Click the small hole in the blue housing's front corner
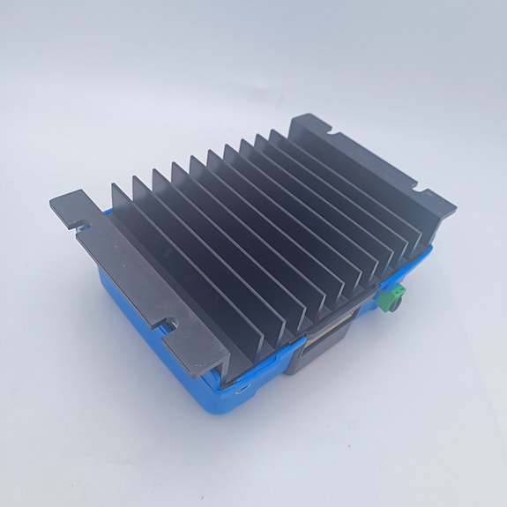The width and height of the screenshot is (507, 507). point(240,385)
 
